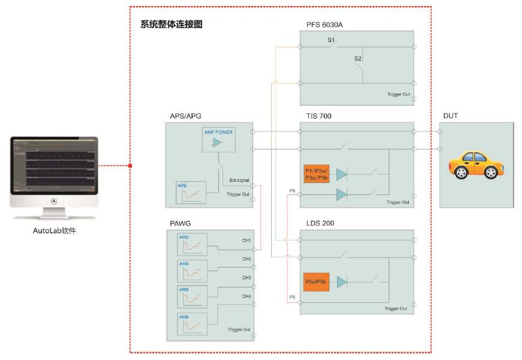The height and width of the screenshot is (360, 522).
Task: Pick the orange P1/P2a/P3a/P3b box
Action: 317,174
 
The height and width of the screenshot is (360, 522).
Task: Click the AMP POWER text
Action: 218,132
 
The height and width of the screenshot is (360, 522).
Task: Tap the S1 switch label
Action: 331,40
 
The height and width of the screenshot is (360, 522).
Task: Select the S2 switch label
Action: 358,59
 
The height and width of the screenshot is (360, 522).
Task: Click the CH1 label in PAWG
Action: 247,241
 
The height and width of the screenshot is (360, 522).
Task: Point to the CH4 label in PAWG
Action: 247,296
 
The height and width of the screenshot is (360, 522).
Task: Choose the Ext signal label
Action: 239,180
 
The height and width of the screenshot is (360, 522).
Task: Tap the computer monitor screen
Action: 54,165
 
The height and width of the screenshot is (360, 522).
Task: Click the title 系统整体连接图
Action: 171,26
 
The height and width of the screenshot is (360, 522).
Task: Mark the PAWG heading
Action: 181,224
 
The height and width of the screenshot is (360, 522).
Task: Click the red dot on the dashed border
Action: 130,165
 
